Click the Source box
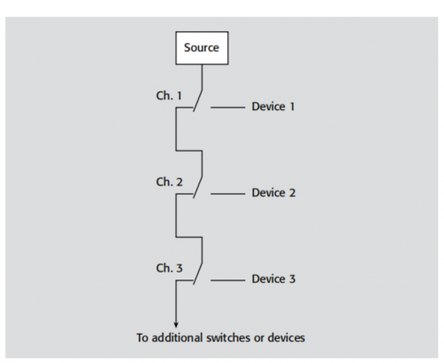coord(202,48)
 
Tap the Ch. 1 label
coord(169,96)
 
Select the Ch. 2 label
coord(170,182)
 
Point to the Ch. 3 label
coord(170,268)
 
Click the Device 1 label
coord(274,107)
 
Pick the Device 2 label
coord(274,193)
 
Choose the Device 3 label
coord(274,279)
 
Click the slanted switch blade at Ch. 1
coord(198,100)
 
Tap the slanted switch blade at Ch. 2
coord(198,187)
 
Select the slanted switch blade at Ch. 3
coord(198,273)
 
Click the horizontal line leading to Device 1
coord(228,107)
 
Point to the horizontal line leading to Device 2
coord(228,193)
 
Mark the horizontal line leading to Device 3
coord(228,280)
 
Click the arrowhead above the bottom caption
coord(176,325)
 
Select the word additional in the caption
coord(178,337)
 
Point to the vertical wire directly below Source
coord(202,77)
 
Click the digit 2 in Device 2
coord(292,193)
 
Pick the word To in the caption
coord(143,337)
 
